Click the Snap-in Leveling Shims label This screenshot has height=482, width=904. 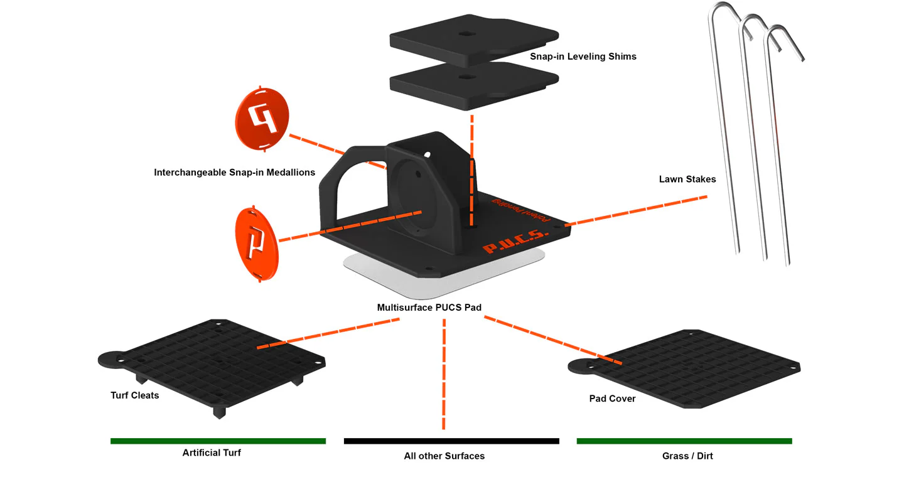click(x=583, y=56)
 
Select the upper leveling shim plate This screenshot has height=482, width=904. click(x=474, y=41)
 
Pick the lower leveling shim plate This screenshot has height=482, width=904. click(x=474, y=85)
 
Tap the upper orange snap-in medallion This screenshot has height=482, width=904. click(x=263, y=119)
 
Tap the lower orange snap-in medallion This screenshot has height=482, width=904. click(x=257, y=244)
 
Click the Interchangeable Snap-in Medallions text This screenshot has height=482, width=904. click(x=234, y=173)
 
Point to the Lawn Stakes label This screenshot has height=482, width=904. click(x=687, y=179)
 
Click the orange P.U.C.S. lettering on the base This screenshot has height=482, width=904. click(x=516, y=242)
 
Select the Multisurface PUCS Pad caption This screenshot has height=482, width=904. click(x=429, y=308)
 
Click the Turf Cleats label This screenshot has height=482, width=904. click(x=134, y=395)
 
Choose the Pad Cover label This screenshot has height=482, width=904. click(x=612, y=399)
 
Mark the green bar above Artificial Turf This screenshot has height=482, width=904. click(x=218, y=441)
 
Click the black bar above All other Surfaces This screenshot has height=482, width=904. click(x=451, y=441)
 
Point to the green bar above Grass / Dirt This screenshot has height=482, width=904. click(x=684, y=441)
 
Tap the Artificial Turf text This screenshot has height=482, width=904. click(x=212, y=453)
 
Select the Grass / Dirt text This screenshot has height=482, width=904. click(x=687, y=456)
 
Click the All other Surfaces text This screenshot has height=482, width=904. click(x=444, y=456)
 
